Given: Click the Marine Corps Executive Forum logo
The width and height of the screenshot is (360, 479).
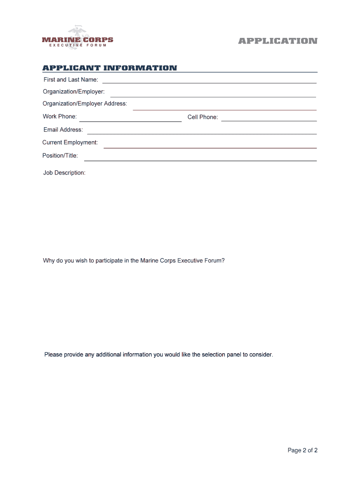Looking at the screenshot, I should (x=77, y=38).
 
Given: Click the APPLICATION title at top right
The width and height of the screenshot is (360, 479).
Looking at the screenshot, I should (x=278, y=41).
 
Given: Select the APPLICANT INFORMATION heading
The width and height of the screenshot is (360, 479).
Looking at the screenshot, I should (x=110, y=68).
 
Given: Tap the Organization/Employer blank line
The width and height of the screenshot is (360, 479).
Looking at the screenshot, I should (x=213, y=96).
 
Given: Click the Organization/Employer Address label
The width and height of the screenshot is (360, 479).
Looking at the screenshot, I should (x=85, y=104).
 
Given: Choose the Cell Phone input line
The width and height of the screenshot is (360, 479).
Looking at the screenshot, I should (x=269, y=121).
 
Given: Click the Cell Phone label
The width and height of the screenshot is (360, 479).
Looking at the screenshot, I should (x=202, y=117).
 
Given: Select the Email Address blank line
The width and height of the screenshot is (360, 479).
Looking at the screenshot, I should (x=202, y=134).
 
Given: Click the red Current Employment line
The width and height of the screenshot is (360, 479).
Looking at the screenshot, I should (x=210, y=147).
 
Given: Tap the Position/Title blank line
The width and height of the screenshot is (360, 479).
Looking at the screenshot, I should (x=200, y=160).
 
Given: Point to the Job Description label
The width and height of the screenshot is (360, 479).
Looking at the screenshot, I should (x=64, y=173).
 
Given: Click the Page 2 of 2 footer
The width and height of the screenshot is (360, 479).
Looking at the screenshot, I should (x=302, y=450).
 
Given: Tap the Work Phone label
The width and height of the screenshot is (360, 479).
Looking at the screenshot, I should (x=60, y=116).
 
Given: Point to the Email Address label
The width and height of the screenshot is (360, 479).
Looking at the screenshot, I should (x=63, y=130).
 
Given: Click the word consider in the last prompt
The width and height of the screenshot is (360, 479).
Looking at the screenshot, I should (x=260, y=355).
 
